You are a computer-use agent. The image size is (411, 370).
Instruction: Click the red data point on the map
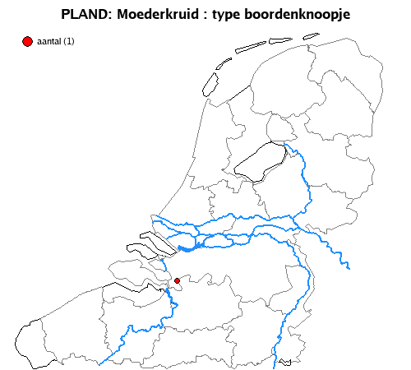click(177, 281)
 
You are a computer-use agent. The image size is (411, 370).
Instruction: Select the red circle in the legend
click(28, 41)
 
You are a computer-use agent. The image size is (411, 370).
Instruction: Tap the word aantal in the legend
click(49, 42)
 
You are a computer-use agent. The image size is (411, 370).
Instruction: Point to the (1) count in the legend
click(68, 42)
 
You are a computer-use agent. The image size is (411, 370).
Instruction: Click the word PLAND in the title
click(83, 15)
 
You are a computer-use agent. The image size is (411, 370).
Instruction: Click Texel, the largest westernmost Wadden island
click(209, 83)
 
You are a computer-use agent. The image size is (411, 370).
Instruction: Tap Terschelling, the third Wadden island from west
click(250, 47)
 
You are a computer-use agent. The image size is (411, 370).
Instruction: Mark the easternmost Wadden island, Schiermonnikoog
click(311, 35)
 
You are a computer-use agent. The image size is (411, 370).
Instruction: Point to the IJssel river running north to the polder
click(304, 177)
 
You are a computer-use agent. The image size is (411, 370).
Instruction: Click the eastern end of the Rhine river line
click(349, 266)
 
